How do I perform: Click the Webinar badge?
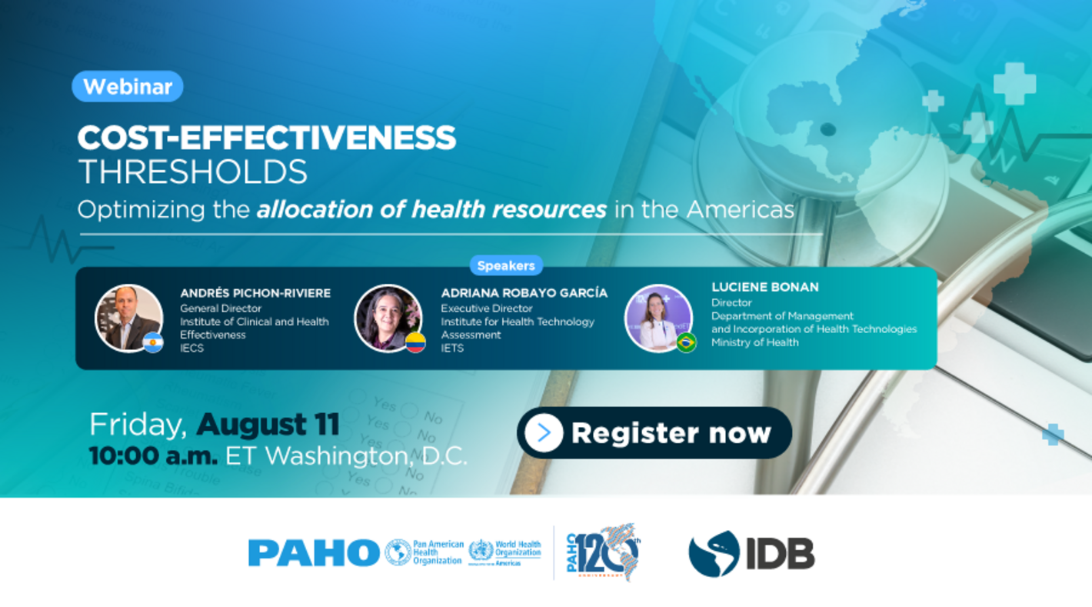(128, 87)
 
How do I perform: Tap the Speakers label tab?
(506, 265)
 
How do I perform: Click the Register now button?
(654, 433)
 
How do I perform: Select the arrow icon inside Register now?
(544, 433)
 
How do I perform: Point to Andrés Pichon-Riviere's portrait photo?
(127, 317)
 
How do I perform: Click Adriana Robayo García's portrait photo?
(386, 317)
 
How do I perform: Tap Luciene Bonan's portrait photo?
(658, 316)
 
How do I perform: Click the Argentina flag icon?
(153, 342)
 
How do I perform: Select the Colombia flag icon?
(415, 342)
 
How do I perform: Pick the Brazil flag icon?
(686, 342)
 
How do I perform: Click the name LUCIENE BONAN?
(764, 287)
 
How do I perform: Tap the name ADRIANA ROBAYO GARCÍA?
(524, 293)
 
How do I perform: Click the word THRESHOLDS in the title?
(192, 172)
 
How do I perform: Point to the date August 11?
(268, 424)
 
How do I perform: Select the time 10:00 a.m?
(153, 455)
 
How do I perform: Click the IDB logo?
(751, 553)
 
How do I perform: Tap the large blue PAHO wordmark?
(314, 552)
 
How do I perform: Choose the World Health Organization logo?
(505, 552)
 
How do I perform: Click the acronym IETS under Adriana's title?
(452, 348)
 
